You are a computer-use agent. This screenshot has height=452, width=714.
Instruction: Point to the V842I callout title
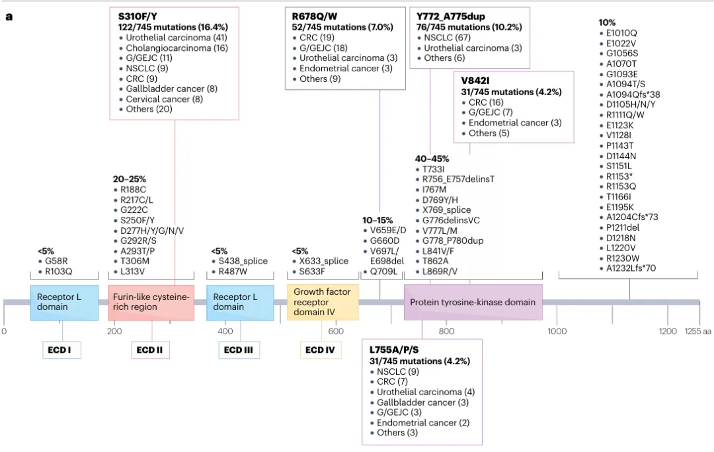[x=477, y=81]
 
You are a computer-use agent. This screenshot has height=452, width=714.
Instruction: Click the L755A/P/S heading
[x=397, y=350]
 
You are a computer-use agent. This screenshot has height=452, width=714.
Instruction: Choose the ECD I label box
[x=61, y=349]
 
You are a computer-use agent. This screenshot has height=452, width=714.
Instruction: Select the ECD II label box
[x=151, y=349]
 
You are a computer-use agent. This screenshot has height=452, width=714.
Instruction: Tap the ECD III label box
[x=239, y=349]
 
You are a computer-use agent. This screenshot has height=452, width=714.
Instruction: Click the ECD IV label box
[x=321, y=349]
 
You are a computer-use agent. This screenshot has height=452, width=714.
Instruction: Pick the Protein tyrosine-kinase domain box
[x=473, y=303]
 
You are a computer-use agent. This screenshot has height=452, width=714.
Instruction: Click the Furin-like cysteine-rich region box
[x=151, y=303]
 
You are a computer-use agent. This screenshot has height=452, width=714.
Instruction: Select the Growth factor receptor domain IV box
[x=323, y=303]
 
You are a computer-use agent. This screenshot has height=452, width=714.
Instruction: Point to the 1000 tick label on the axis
[x=557, y=331]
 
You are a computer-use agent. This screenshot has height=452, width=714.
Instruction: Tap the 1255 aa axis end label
[x=697, y=331]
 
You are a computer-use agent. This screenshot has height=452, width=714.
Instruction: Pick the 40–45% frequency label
[x=432, y=159]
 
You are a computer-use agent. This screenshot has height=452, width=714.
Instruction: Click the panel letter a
[x=9, y=17]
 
